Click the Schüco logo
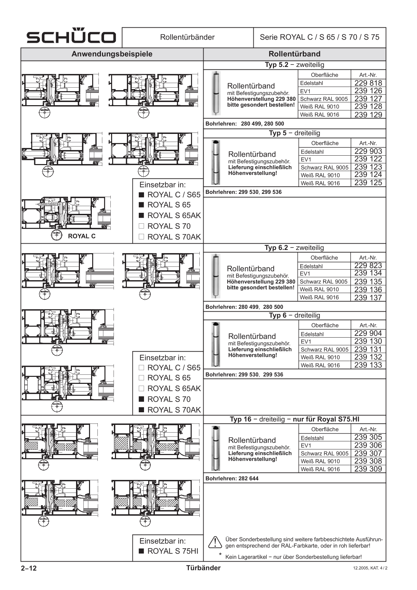coord(71,37)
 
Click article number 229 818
coord(368,83)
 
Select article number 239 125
coord(368,183)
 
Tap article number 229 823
coord(368,265)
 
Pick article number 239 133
coord(368,365)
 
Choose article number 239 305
coord(368,437)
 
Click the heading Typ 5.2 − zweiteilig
coord(294,65)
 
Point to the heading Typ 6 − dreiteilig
coord(294,316)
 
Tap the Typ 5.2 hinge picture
coord(216,93)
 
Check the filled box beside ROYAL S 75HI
coord(142,551)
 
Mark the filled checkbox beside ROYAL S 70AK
coord(142,409)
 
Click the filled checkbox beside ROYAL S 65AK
coord(142,215)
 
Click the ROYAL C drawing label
coord(82,236)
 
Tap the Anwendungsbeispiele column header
coord(112,54)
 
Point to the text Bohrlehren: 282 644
coord(232,479)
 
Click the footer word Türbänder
coord(203,568)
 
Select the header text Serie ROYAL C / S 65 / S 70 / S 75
coord(319,37)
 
